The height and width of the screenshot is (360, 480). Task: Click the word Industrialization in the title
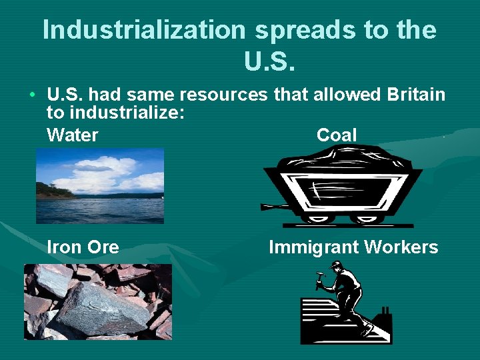click(144, 31)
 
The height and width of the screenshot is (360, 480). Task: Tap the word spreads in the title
click(295, 31)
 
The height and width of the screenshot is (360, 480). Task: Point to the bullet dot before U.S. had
click(32, 94)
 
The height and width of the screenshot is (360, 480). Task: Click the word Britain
click(416, 95)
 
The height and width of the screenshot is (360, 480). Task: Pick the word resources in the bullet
click(231, 95)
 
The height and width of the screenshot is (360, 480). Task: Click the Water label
click(73, 135)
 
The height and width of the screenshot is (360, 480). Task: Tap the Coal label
click(337, 135)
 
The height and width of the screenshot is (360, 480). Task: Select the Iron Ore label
click(83, 247)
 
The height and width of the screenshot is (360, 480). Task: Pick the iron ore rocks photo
click(98, 301)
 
